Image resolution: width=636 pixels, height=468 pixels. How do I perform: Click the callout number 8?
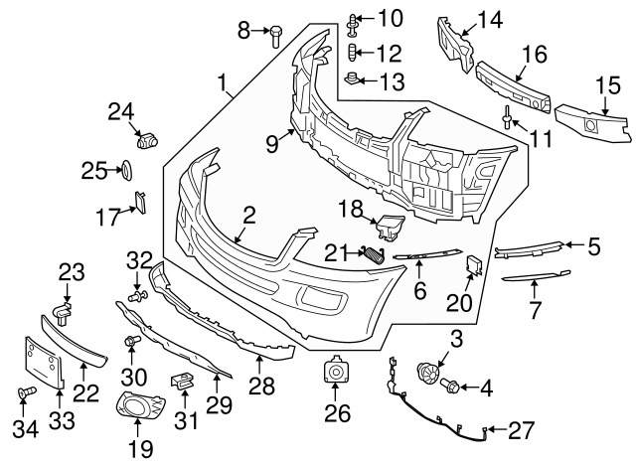coord(243,31)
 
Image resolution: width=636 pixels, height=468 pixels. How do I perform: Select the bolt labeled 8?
coord(274,34)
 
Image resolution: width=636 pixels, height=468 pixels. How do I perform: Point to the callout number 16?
coord(535,54)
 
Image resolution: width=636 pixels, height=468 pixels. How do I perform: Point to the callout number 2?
coord(249,213)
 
